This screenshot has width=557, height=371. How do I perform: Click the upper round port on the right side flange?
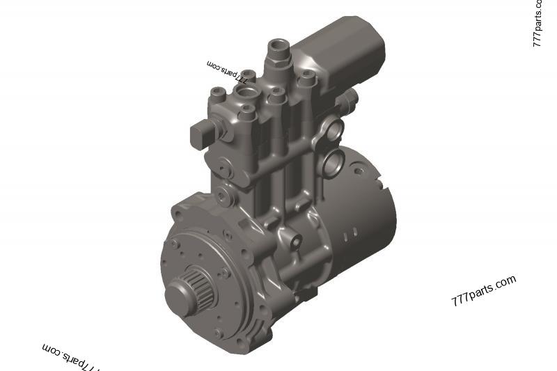click(x=334, y=129)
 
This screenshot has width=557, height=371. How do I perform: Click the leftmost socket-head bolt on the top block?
click(x=218, y=93)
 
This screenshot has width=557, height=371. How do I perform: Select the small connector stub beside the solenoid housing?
click(x=352, y=93)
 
